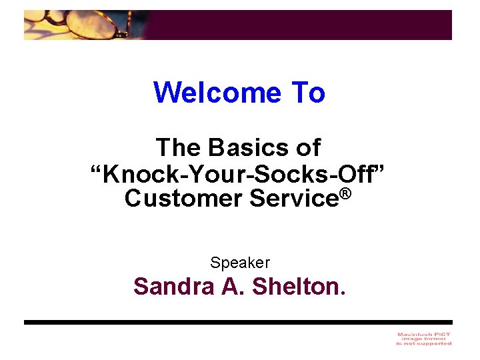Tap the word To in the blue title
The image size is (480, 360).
pos(307,93)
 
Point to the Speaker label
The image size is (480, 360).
pos(240,263)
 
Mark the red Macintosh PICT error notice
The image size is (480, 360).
pos(423,338)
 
